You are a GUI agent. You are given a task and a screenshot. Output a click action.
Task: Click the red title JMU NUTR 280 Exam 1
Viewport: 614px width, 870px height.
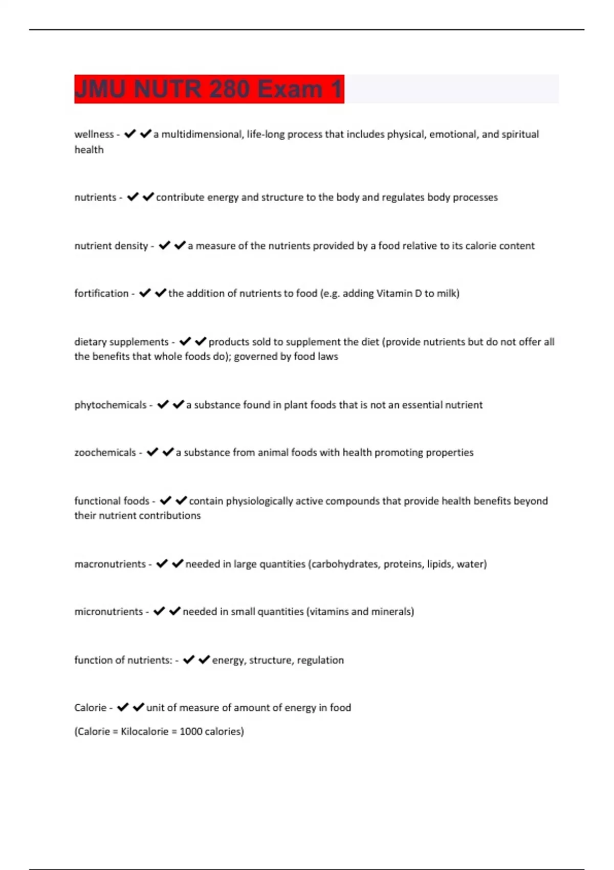pos(209,89)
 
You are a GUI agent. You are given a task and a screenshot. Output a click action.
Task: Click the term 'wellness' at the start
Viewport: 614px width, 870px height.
pos(94,135)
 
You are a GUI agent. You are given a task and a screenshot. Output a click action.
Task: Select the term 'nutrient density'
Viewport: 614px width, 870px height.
pos(111,246)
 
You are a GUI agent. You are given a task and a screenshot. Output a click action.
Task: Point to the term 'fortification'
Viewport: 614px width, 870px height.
pos(101,294)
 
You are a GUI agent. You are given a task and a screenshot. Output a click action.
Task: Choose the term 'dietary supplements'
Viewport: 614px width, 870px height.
pos(121,342)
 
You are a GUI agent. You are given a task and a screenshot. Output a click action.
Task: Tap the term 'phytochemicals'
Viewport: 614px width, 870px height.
pos(111,405)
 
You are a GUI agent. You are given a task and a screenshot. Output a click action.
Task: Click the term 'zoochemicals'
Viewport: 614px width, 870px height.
pos(105,453)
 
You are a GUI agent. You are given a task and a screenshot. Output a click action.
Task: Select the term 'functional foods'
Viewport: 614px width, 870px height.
pos(112,501)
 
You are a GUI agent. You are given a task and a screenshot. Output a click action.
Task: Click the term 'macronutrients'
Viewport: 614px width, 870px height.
pos(110,564)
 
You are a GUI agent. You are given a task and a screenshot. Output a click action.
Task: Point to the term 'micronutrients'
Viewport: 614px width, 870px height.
pos(108,612)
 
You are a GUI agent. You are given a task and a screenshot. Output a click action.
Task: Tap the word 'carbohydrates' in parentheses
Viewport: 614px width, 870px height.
pos(345,564)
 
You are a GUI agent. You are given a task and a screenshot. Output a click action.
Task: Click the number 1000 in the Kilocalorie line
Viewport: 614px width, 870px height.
pos(191,732)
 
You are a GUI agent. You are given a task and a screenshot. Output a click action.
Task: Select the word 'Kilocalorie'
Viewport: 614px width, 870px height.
pos(144,732)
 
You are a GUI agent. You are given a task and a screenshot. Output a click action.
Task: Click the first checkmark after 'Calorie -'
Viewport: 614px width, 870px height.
pos(123,708)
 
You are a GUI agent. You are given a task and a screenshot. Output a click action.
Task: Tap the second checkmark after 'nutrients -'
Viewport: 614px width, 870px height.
pos(148,197)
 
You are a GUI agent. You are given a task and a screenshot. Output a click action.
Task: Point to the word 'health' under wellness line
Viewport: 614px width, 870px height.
pos(89,150)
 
